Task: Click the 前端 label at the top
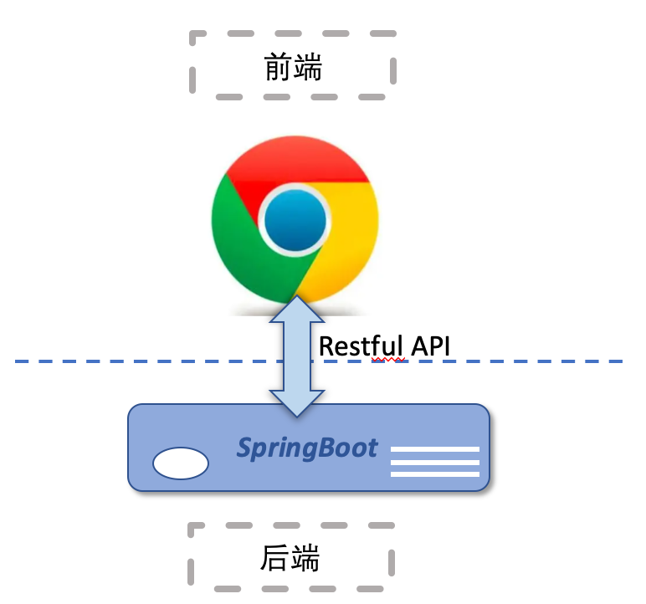pos(293,67)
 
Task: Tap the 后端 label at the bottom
pos(290,558)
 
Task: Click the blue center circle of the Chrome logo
pos(295,220)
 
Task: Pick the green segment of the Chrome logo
pos(243,243)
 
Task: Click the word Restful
pos(361,346)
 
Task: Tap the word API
pos(431,346)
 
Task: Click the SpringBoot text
pos(307,448)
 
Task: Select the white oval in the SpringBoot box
pos(181,463)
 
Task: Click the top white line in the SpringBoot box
pos(435,449)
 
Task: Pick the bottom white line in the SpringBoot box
pos(435,474)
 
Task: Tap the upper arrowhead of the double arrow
pos(296,309)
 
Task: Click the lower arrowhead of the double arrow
pos(296,404)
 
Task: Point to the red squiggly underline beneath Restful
pos(387,360)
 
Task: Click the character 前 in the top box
pos(278,67)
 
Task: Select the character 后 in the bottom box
pos(274,558)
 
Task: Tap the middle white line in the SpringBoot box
pos(435,462)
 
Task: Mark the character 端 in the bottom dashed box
pos(305,558)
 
